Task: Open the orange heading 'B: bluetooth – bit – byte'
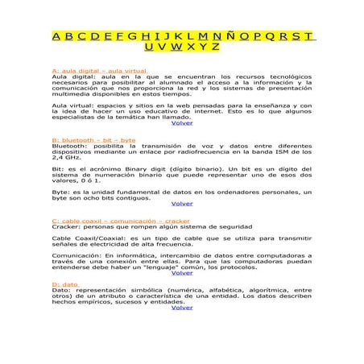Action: [x=93, y=139]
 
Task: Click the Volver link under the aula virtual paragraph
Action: [x=182, y=123]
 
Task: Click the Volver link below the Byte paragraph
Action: [x=182, y=204]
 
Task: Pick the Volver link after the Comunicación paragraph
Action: [x=182, y=273]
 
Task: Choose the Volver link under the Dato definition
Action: [x=182, y=308]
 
